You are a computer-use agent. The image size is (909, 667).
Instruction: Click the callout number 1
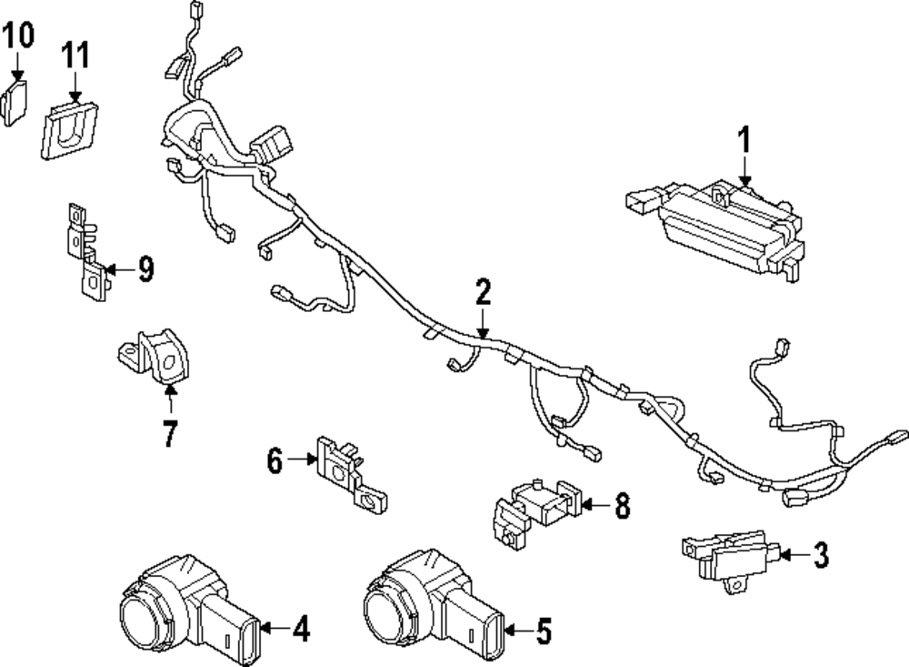(744, 141)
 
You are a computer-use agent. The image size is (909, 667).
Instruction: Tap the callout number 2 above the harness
(483, 292)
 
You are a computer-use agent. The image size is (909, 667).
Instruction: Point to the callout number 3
(821, 555)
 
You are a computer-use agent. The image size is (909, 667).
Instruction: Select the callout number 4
(301, 628)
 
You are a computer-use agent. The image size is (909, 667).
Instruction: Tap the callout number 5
(544, 631)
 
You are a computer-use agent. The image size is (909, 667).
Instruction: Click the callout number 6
(275, 461)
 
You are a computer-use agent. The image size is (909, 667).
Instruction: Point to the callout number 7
(170, 431)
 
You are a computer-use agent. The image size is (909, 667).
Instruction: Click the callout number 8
(622, 507)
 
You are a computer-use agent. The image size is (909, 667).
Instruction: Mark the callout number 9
(145, 269)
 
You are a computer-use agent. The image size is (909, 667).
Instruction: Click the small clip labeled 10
(16, 99)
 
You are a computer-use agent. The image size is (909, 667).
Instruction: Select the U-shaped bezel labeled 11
(68, 130)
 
